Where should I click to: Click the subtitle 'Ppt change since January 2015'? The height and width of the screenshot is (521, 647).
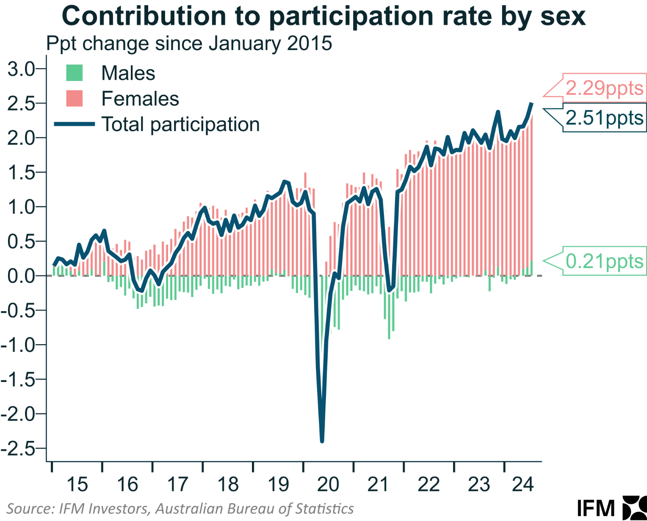pyautogui.click(x=189, y=44)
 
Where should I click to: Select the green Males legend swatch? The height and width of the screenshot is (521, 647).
pyautogui.click(x=74, y=73)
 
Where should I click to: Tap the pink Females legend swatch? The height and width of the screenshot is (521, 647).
pyautogui.click(x=74, y=98)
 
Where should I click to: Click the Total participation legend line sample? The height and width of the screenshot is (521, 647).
pyautogui.click(x=74, y=124)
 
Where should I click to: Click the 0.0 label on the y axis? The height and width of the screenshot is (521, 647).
pyautogui.click(x=21, y=276)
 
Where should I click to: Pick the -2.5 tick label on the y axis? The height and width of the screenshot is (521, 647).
pyautogui.click(x=19, y=449)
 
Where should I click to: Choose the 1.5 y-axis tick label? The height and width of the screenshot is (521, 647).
pyautogui.click(x=21, y=173)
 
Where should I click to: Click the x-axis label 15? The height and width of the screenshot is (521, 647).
pyautogui.click(x=77, y=485)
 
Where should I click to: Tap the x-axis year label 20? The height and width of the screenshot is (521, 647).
pyautogui.click(x=328, y=485)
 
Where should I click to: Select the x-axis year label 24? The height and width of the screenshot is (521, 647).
pyautogui.click(x=523, y=485)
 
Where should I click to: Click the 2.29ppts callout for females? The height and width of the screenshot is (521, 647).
pyautogui.click(x=604, y=88)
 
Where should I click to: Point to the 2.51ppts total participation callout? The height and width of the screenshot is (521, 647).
pyautogui.click(x=604, y=118)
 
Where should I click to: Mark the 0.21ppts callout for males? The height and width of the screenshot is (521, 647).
pyautogui.click(x=604, y=261)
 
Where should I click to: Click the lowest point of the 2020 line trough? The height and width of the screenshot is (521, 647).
pyautogui.click(x=322, y=441)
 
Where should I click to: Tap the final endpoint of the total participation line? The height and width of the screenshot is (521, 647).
pyautogui.click(x=531, y=103)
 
